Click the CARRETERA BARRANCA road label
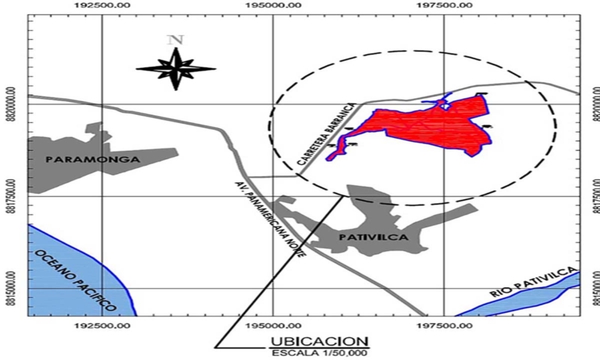321,136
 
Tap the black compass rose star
175,69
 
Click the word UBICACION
319,341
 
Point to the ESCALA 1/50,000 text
319,352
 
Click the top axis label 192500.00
102,5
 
